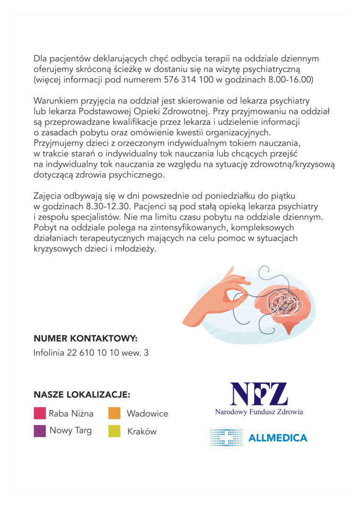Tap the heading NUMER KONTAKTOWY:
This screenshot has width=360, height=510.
click(85, 339)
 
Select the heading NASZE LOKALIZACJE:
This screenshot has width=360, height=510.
click(82, 394)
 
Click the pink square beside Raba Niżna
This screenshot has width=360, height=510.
click(40, 414)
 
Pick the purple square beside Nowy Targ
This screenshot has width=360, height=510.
click(40, 431)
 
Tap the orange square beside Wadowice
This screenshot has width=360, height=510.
click(115, 414)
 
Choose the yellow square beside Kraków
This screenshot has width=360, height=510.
click(115, 431)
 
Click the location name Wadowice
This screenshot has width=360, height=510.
click(147, 414)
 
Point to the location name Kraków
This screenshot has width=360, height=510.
click(142, 432)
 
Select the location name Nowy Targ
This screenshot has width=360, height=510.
click(70, 431)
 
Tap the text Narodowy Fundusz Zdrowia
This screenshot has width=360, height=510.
click(259, 412)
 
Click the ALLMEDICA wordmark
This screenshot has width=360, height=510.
click(277, 438)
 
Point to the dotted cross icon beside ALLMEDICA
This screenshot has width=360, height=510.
click(226, 438)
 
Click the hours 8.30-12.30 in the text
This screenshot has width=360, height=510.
click(106, 207)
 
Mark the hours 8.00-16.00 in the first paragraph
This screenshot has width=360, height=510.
click(289, 80)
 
